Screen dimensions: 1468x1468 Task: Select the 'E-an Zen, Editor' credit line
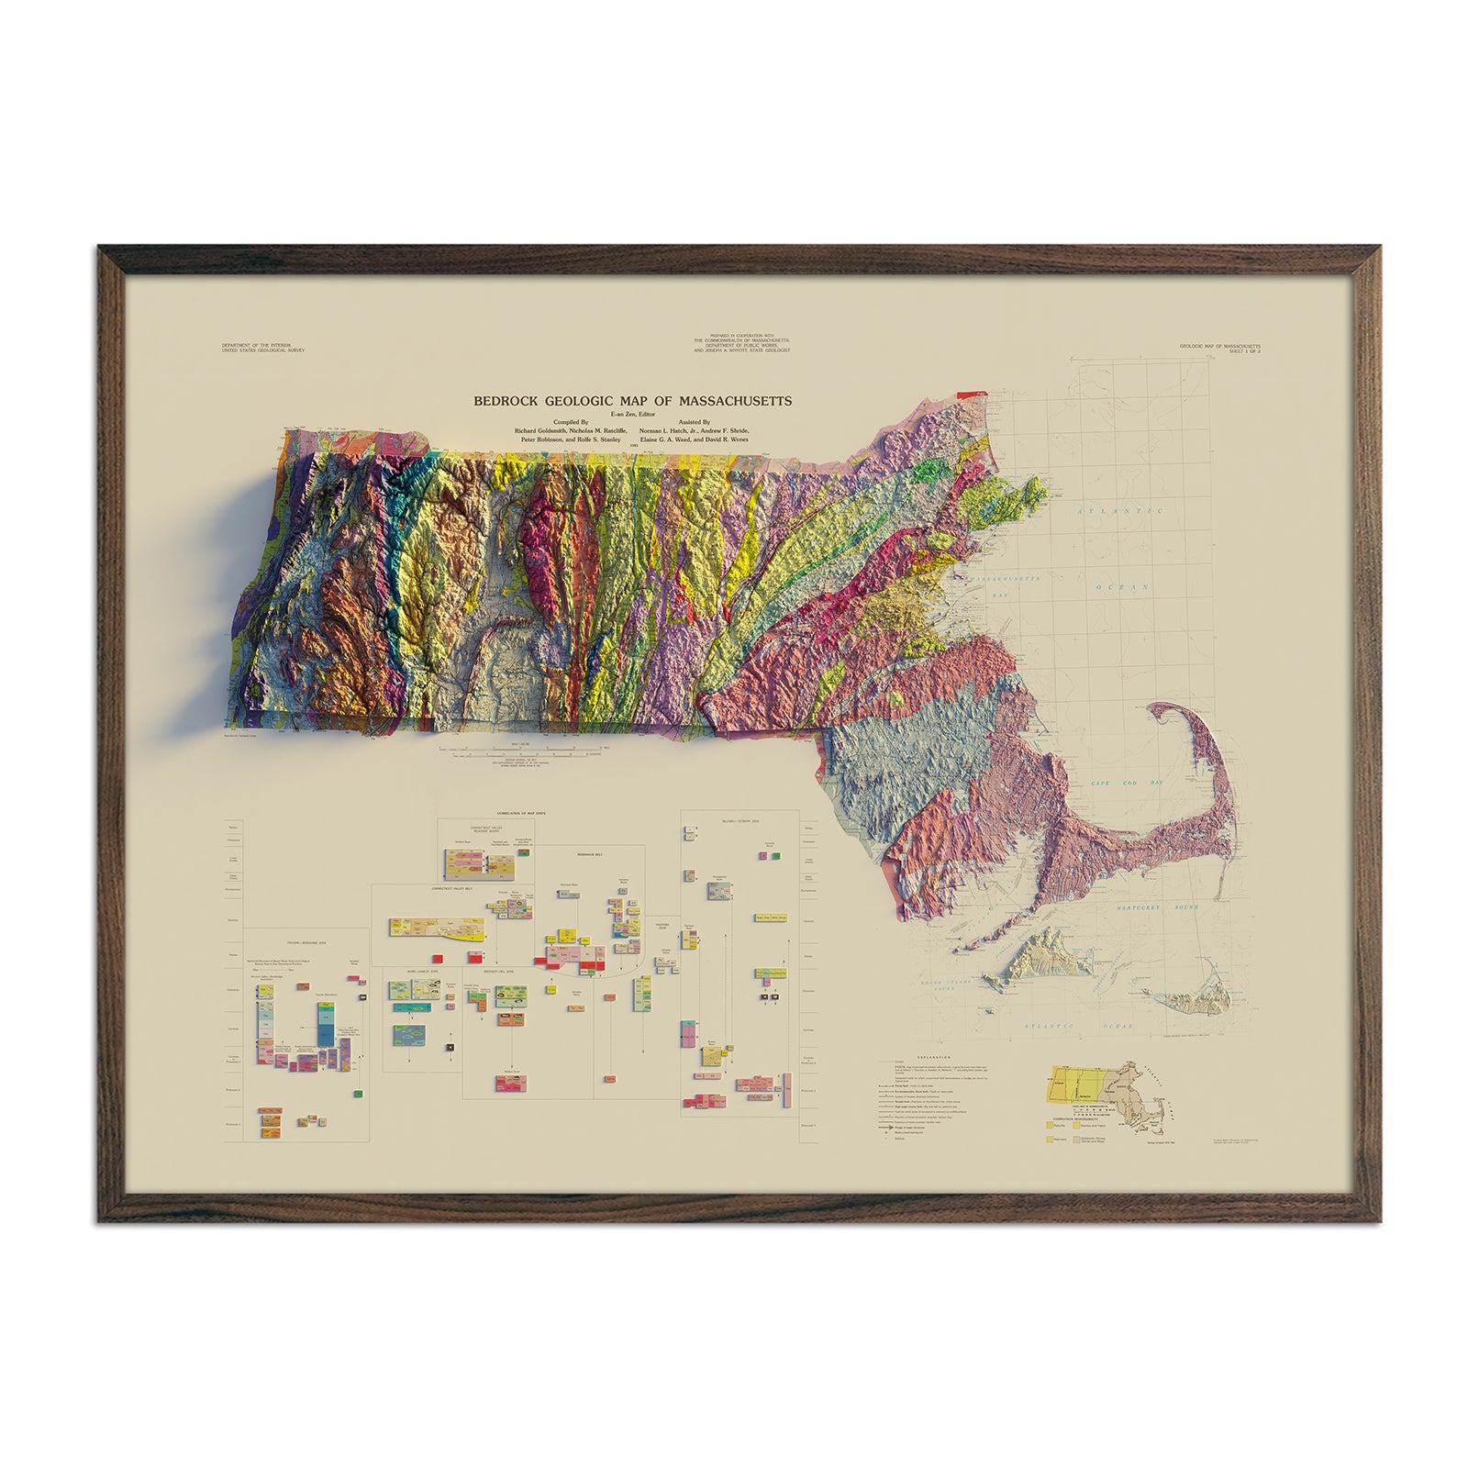click(x=632, y=415)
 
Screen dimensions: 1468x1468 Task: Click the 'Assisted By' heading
click(x=693, y=423)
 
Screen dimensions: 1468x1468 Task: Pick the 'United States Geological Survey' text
click(x=263, y=350)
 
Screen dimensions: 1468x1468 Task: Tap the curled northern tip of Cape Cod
click(x=1175, y=711)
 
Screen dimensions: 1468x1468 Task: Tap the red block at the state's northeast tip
click(x=969, y=394)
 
